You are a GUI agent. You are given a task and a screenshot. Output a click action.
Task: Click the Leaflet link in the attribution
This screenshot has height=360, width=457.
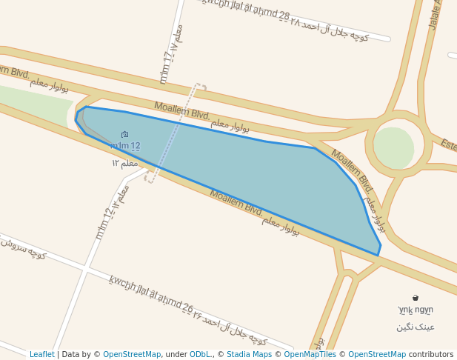(x=41, y=354)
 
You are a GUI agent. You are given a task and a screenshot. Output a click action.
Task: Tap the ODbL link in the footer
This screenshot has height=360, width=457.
(x=200, y=354)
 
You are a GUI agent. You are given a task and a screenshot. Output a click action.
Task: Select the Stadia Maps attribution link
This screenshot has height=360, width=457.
(x=249, y=354)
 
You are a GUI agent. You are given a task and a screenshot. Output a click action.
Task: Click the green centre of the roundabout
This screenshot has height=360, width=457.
(x=393, y=147)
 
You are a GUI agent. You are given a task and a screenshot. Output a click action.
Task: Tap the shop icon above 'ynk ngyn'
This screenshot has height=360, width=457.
(x=415, y=298)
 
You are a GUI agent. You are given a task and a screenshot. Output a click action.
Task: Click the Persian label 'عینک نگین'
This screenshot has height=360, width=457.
(x=416, y=326)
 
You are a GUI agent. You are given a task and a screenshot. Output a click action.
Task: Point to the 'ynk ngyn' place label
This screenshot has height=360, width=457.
(x=416, y=310)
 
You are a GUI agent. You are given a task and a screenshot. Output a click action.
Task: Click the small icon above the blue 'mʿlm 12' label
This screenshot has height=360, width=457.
(x=124, y=134)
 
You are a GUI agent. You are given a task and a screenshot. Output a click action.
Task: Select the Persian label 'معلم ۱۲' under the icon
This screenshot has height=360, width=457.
(x=125, y=162)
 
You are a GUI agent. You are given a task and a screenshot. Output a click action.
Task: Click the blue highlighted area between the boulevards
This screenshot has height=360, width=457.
(x=244, y=178)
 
